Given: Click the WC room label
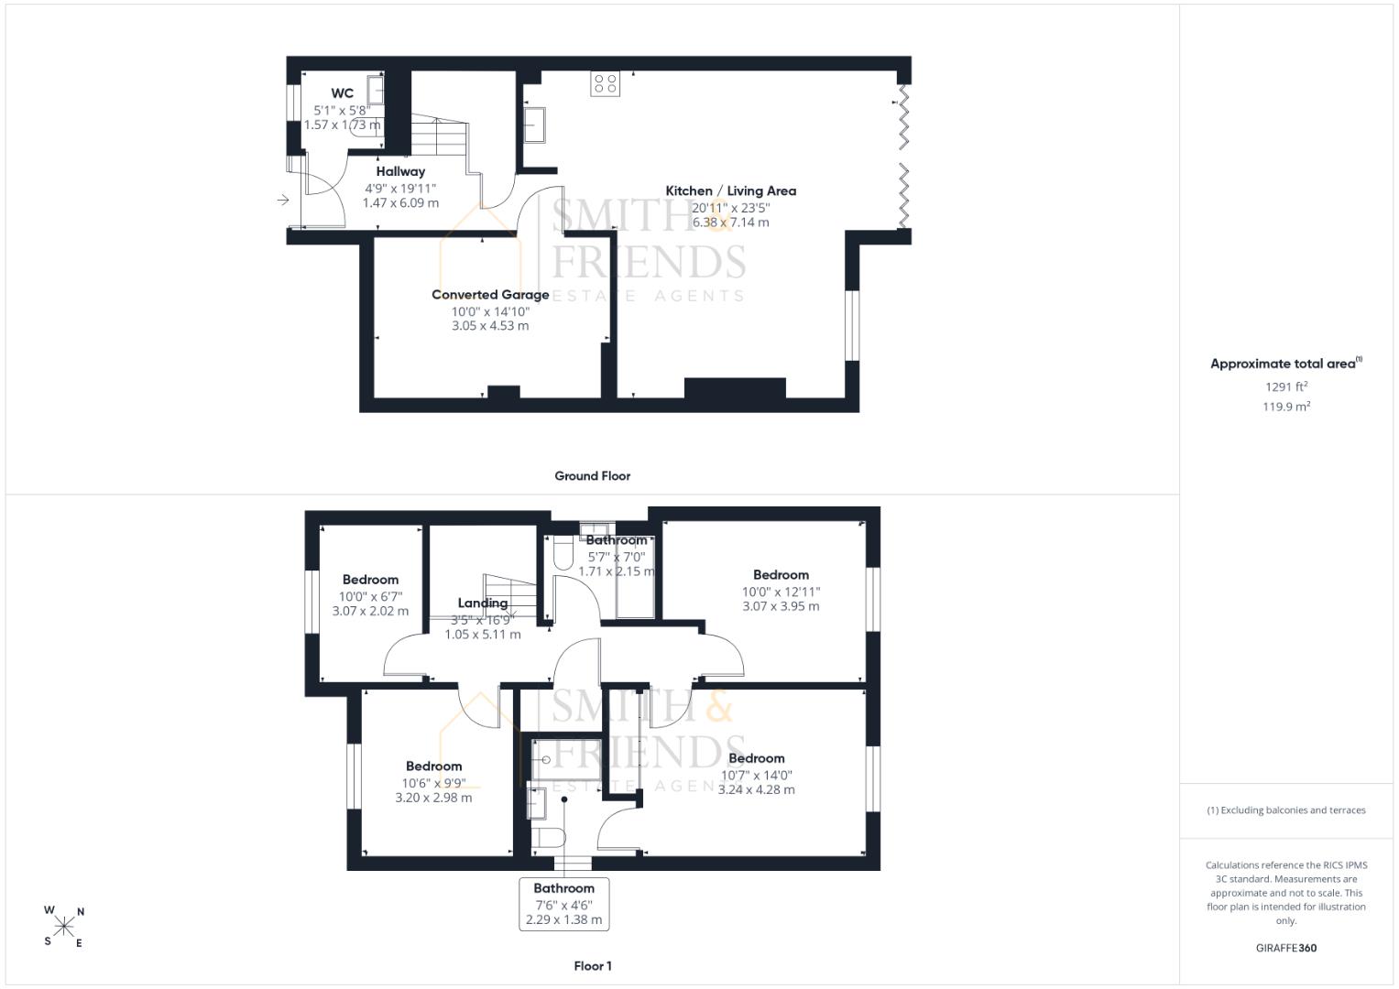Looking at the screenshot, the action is click(x=343, y=93).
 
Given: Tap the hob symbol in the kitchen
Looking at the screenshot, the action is click(x=606, y=83).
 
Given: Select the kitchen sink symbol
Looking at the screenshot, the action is click(x=534, y=125).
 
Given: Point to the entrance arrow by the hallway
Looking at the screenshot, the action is click(x=283, y=200).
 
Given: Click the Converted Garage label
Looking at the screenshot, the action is click(x=490, y=295).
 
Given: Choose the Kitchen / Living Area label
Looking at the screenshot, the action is click(x=731, y=191).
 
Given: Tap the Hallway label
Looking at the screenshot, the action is click(x=400, y=172).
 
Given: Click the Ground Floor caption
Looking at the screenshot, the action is click(x=592, y=476).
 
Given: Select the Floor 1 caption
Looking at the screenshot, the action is click(x=593, y=966).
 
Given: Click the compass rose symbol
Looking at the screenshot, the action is click(x=64, y=927).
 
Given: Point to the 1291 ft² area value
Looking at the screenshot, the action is click(x=1286, y=386).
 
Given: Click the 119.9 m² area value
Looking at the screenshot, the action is click(x=1286, y=407).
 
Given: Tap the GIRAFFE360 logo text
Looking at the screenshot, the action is click(x=1286, y=948).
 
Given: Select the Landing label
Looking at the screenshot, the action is click(x=483, y=603).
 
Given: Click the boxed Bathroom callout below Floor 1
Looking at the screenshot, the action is click(x=564, y=904).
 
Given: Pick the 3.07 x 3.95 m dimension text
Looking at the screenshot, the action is click(x=781, y=606).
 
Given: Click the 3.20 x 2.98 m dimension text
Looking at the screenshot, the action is click(x=433, y=798).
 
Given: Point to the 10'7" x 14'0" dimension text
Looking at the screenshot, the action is click(x=757, y=776).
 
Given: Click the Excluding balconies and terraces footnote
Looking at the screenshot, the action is click(x=1286, y=810).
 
